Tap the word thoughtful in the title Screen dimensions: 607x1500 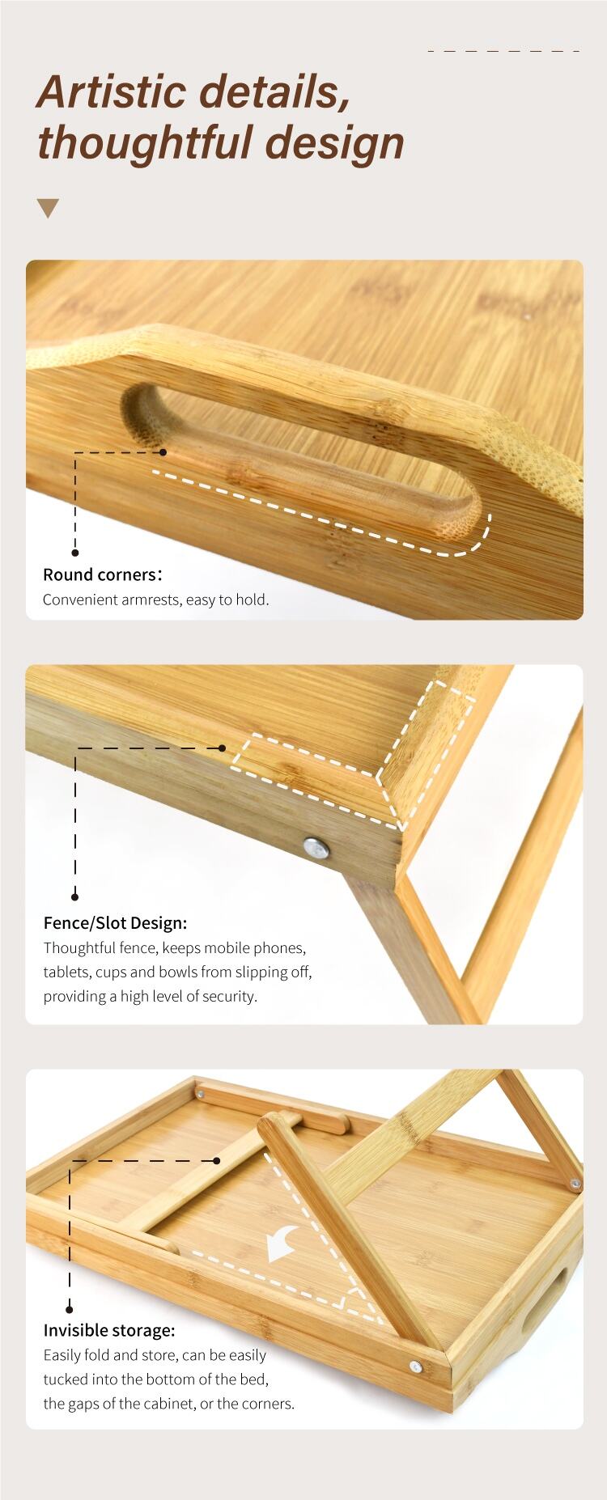[x=146, y=142]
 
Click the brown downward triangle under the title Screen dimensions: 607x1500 [x=49, y=208]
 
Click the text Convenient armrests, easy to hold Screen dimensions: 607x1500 [x=155, y=600]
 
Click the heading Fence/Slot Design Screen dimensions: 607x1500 [x=115, y=923]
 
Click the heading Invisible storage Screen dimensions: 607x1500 [x=109, y=1331]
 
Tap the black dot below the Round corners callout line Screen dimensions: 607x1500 [x=75, y=553]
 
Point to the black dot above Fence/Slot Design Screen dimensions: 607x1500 [x=75, y=896]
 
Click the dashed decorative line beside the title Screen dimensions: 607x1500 [x=503, y=50]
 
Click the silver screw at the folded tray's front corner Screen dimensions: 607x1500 [x=415, y=1367]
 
